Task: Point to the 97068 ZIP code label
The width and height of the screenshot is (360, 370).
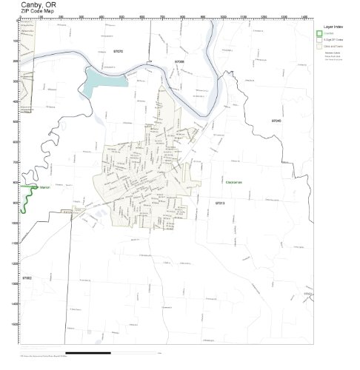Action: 180,61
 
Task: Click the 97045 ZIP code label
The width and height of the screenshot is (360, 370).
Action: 276,120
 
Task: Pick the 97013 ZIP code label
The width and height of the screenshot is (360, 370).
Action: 219,202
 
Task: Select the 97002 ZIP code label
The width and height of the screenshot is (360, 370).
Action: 27,278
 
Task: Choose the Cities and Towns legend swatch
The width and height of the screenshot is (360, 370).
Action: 319,45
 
